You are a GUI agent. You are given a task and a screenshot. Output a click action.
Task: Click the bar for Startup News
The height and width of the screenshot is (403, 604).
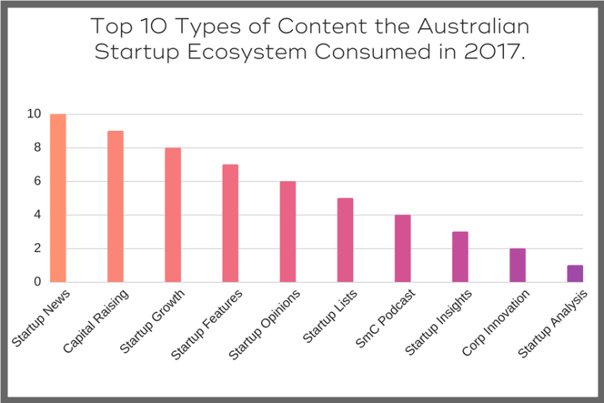click(58, 198)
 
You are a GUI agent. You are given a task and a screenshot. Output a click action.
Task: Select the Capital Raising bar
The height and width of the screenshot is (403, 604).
click(116, 207)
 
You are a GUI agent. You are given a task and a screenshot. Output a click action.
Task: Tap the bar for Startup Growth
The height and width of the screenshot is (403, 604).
click(173, 215)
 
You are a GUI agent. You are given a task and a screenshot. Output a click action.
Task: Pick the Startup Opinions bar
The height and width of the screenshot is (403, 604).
click(288, 232)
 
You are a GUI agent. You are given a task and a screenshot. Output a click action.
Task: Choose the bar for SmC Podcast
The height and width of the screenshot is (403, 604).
click(403, 249)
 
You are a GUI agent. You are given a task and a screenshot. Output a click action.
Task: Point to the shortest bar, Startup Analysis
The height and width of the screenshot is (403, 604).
click(575, 273)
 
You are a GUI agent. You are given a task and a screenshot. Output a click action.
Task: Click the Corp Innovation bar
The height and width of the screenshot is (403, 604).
click(518, 266)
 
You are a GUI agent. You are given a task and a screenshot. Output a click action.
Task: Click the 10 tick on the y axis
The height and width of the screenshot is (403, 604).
click(34, 114)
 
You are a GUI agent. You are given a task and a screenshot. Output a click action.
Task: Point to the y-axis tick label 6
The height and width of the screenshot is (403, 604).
click(37, 181)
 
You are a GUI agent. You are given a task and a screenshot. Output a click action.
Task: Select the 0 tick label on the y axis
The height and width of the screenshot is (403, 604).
click(37, 282)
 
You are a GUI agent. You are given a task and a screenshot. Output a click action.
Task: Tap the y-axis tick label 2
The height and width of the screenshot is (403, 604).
click(37, 248)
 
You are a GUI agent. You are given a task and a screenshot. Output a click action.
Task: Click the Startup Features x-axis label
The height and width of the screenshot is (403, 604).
click(207, 325)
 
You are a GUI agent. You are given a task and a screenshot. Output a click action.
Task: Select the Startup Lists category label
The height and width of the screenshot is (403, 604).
click(330, 316)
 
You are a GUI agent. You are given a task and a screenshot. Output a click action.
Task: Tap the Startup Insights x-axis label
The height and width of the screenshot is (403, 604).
click(439, 322)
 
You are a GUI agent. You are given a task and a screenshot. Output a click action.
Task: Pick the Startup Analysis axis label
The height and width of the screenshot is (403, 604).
click(553, 324)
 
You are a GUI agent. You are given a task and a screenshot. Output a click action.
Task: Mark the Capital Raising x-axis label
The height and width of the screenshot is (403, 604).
click(96, 321)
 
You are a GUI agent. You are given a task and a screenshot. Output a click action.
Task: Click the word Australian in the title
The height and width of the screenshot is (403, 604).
click(473, 26)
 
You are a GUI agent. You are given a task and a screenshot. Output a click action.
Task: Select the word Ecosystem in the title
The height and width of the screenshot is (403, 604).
click(247, 52)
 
